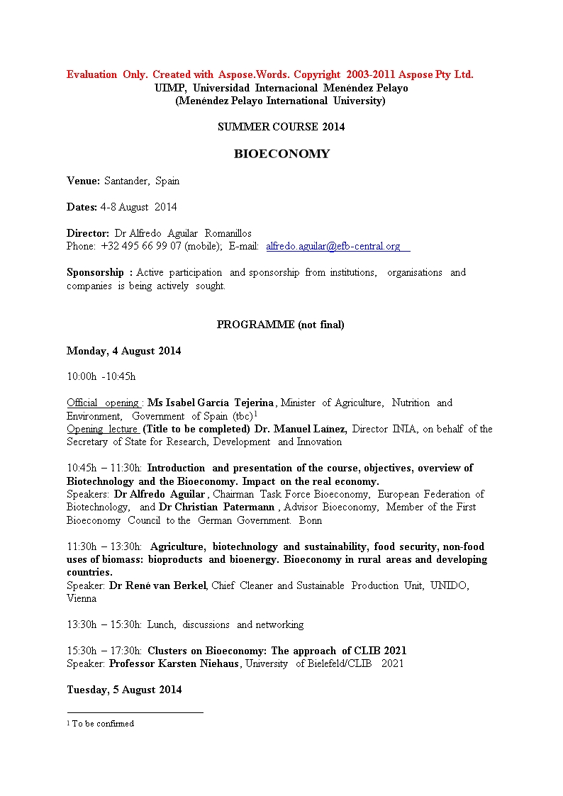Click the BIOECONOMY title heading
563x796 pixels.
tap(281, 154)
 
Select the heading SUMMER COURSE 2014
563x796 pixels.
tap(281, 127)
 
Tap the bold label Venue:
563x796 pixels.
tap(83, 181)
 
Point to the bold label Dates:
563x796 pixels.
tap(82, 207)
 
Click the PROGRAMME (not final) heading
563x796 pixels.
tap(280, 325)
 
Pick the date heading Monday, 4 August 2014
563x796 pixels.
tap(123, 351)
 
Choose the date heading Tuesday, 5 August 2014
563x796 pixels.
tap(124, 690)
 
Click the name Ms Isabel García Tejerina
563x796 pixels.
tap(211, 403)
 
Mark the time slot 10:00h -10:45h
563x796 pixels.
tap(101, 376)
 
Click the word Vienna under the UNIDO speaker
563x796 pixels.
tap(82, 598)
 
